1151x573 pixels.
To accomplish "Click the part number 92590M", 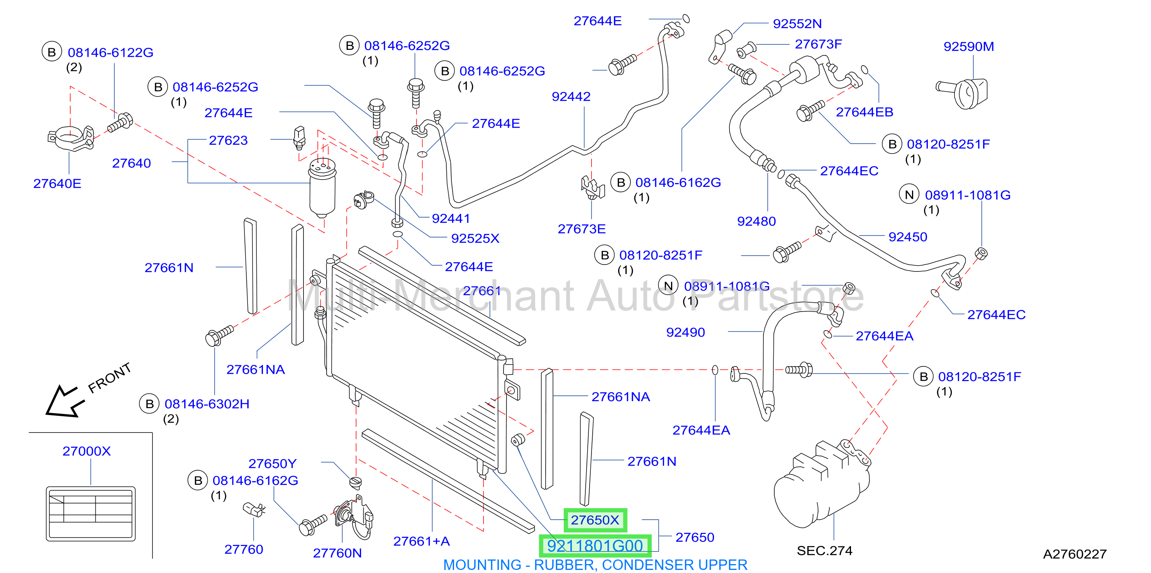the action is pyautogui.click(x=968, y=46).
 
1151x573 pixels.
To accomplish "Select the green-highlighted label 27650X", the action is pyautogui.click(x=595, y=520).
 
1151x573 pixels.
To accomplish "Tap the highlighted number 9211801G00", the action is pyautogui.click(x=595, y=546).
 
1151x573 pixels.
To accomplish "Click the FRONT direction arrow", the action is pyautogui.click(x=65, y=401).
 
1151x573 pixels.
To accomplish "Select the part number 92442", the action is pyautogui.click(x=571, y=97).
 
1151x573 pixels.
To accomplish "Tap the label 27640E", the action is pyautogui.click(x=57, y=184).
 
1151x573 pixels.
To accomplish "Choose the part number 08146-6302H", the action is pyautogui.click(x=207, y=404).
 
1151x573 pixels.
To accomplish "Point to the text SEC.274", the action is pyautogui.click(x=824, y=551).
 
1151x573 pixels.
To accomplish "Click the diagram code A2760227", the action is pyautogui.click(x=1075, y=554).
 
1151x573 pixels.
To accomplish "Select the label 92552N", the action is pyautogui.click(x=797, y=24).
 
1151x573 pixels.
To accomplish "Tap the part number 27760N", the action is pyautogui.click(x=337, y=553).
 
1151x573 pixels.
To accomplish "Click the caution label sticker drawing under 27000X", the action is pyautogui.click(x=91, y=514).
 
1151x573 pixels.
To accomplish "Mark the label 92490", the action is pyautogui.click(x=685, y=332).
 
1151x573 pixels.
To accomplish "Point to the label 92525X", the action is pyautogui.click(x=475, y=239).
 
